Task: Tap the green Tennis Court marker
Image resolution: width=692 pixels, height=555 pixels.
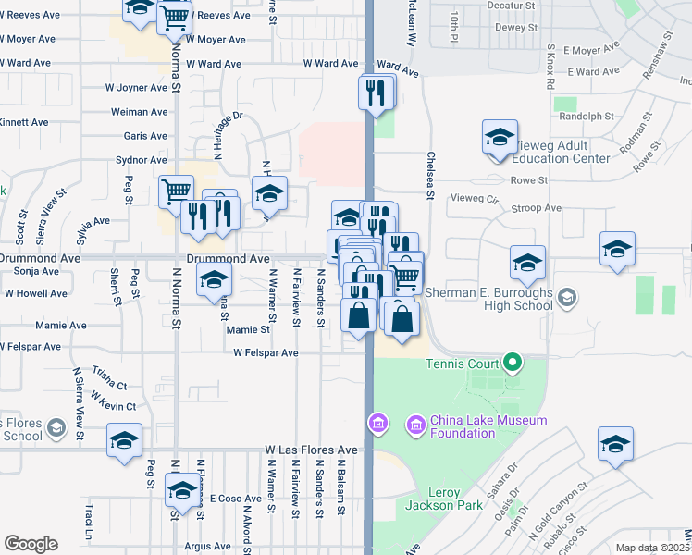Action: pos(512,363)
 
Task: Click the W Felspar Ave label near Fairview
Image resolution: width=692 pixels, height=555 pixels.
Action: pos(266,353)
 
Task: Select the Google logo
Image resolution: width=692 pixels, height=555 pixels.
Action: pos(31,544)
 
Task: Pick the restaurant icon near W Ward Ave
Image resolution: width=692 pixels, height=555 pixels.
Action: pos(376,92)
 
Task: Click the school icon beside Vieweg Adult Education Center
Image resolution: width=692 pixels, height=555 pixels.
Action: pos(500,138)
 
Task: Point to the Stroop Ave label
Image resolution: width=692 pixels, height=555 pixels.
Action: pos(538,209)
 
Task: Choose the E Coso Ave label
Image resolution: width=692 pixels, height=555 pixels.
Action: pos(226,498)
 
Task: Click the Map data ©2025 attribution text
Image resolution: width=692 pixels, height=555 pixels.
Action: pos(652,548)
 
